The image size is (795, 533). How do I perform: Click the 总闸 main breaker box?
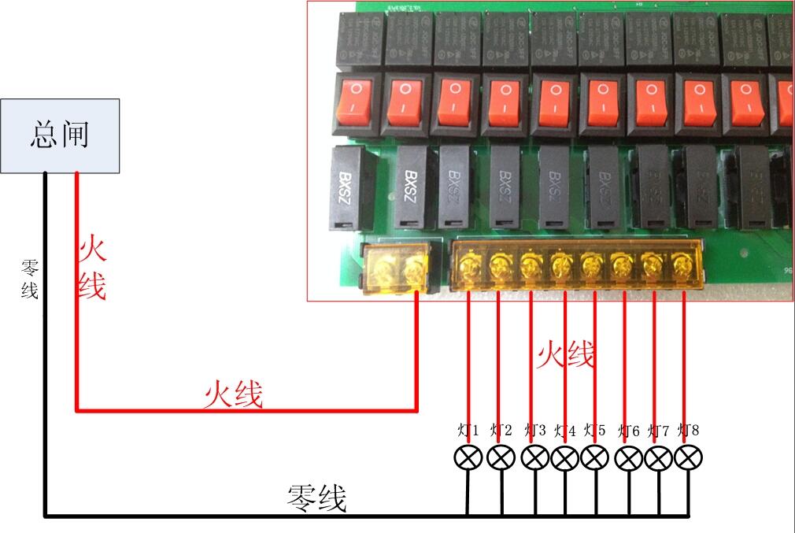60,135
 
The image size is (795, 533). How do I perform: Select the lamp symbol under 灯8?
689,457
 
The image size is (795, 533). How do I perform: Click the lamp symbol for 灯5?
595,457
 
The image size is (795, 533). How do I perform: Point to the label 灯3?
534,431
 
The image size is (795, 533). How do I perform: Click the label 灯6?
629,431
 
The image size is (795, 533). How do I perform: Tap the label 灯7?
658,431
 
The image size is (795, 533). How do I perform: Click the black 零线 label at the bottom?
316,498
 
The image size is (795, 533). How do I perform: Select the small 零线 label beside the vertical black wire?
29,279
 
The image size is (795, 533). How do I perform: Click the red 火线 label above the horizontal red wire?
233,394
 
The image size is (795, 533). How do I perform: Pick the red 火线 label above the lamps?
565,355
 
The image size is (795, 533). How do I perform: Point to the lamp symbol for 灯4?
564,457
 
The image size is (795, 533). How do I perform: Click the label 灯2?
501,431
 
